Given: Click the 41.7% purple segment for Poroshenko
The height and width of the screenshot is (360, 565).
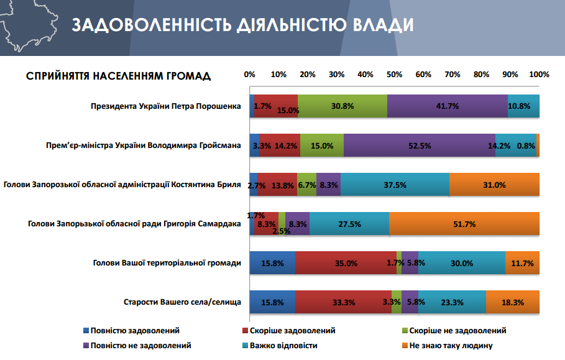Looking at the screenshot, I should coord(448,106).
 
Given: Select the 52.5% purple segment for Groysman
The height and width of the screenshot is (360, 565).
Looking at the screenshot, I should coord(420,145).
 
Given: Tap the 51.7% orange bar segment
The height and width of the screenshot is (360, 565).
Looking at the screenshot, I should coord(464,224).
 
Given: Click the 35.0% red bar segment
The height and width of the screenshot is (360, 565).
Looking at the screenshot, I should coord(346,263).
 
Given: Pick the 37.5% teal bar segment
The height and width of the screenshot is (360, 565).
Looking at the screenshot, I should coord(395,185).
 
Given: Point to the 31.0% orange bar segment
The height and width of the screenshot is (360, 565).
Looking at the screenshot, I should coord(494,185).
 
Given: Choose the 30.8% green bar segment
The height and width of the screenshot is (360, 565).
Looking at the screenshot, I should coord(342,106).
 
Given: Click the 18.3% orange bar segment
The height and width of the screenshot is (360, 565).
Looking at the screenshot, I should coord(512,302).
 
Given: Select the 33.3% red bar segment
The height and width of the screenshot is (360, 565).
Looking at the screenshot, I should coord(343,302).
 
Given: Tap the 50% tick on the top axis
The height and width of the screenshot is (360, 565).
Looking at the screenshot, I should coord(394,75).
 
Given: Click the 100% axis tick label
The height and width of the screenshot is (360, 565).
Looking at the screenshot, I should coord(539,75).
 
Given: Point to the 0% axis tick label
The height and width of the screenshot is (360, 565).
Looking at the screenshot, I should coord(250,75).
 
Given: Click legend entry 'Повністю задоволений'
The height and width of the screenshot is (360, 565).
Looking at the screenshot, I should coord(130,331).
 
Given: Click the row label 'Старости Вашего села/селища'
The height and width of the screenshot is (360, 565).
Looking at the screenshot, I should coord(182,303).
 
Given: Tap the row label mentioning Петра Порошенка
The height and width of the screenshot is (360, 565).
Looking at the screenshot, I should coord(165,106).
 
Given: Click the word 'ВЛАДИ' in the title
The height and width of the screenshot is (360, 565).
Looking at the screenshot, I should coord(379,25).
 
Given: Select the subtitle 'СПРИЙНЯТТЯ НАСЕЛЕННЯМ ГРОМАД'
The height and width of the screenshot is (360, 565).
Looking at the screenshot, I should coord(118,76).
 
